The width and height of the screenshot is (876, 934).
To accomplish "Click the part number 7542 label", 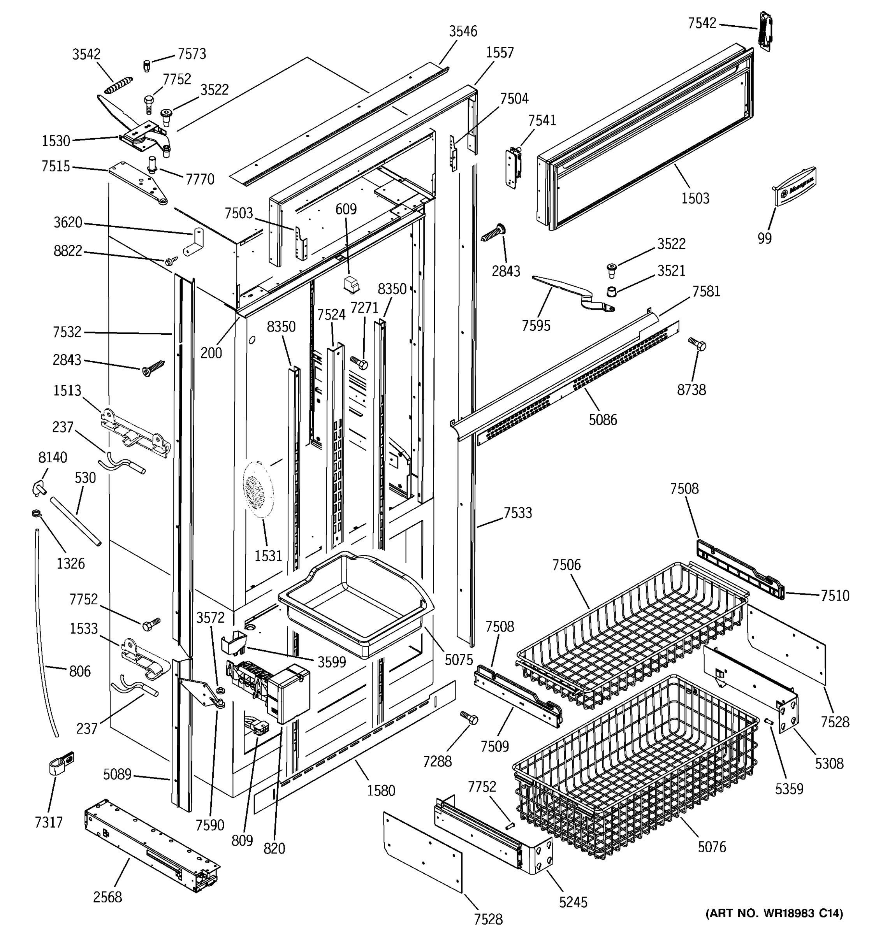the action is point(702,23).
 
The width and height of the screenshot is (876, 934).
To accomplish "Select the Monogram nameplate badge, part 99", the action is point(794,186).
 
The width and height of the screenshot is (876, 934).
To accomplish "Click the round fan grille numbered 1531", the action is point(258,489).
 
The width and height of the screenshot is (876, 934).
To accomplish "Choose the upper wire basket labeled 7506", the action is point(633,636).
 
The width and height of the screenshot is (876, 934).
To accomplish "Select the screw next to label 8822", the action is point(172,260).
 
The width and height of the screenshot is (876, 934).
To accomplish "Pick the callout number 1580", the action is point(381,790).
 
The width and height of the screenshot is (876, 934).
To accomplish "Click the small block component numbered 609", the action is point(350,285).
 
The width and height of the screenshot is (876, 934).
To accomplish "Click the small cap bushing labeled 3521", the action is point(611,292).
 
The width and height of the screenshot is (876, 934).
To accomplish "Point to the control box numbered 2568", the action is point(152,845).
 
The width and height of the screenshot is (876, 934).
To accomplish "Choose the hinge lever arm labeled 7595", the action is point(573,295).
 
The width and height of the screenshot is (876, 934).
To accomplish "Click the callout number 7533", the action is point(518,513).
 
